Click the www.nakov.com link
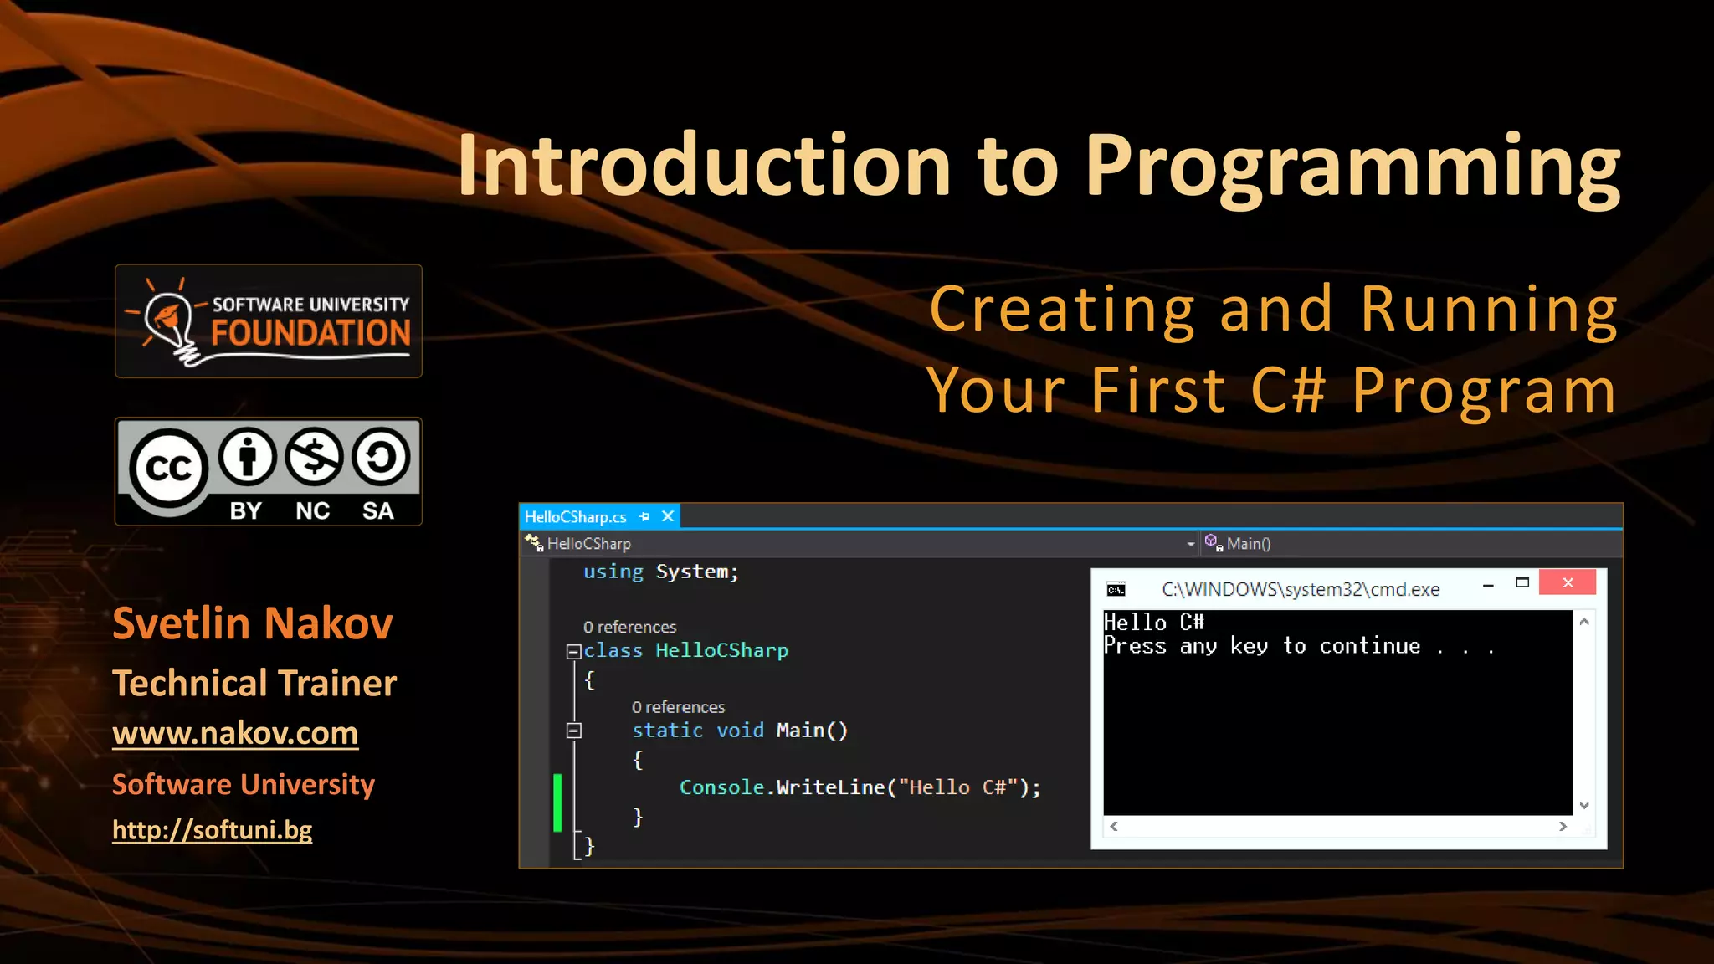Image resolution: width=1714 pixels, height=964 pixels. (235, 733)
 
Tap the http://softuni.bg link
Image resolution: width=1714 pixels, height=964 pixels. (212, 829)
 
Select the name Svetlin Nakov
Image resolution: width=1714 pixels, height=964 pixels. (252, 623)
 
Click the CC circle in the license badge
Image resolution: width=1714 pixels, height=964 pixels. (168, 469)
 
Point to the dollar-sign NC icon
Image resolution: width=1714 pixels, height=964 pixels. (314, 457)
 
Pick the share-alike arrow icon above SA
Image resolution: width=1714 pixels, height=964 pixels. (381, 457)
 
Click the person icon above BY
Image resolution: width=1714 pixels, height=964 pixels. (247, 457)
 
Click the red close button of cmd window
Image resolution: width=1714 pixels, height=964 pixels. (1568, 582)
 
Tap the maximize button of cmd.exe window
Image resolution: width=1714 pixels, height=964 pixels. (1522, 582)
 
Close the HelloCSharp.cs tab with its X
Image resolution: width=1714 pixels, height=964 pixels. (668, 516)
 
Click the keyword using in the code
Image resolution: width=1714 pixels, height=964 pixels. (613, 572)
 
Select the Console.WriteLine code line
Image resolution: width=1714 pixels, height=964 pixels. (860, 787)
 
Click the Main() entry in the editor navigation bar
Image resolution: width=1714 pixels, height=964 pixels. (1248, 544)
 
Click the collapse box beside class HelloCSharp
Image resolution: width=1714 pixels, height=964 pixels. (573, 651)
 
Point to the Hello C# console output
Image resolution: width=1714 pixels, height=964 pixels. (1153, 622)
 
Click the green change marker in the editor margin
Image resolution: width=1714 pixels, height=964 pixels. (557, 802)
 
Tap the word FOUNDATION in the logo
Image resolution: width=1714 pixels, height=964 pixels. (310, 333)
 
